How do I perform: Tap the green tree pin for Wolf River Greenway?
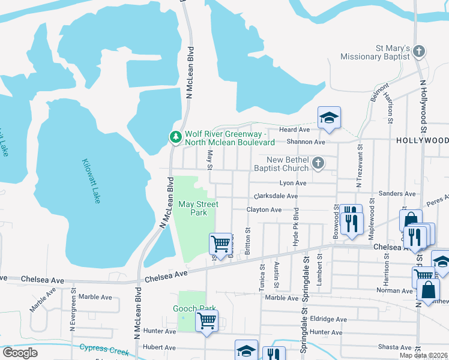(x=175, y=137)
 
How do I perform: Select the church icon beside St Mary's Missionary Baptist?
(x=419, y=52)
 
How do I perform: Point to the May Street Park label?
(x=197, y=208)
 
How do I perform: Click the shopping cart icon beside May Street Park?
(x=220, y=243)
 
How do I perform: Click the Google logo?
(x=20, y=353)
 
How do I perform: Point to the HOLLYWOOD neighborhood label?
(x=422, y=140)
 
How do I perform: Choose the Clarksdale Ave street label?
(x=275, y=196)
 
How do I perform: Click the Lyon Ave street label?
(x=293, y=183)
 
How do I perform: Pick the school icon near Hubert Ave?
(x=246, y=350)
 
